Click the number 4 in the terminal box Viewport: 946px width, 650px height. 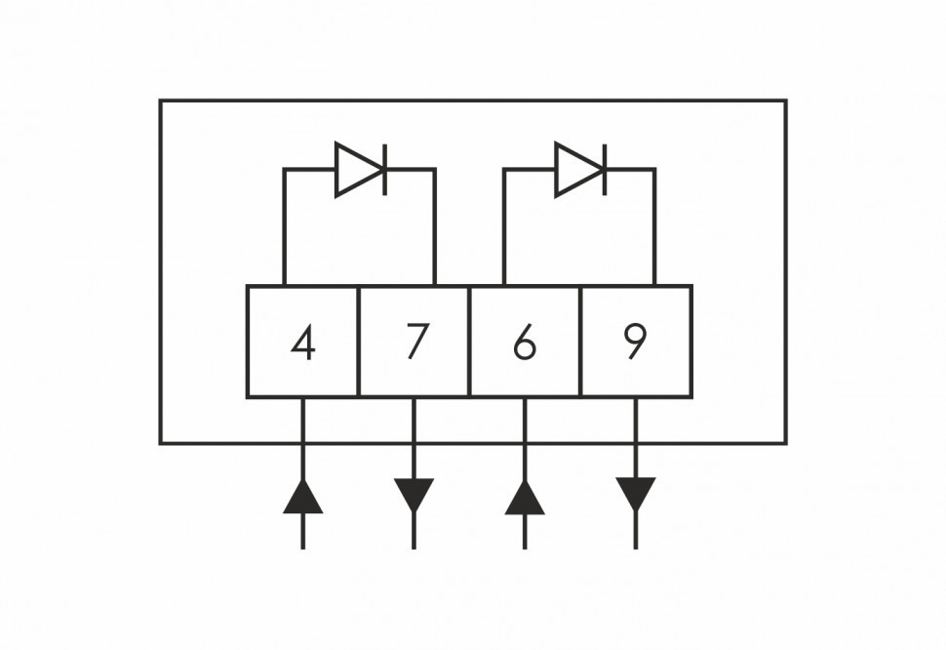[303, 343]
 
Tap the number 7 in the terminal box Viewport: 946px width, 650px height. [416, 342]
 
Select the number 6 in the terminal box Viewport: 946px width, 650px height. [525, 343]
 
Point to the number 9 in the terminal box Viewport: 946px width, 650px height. [635, 341]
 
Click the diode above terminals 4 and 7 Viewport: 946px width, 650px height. [360, 169]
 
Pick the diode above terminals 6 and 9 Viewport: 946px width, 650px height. [580, 169]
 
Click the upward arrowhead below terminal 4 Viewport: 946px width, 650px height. [303, 497]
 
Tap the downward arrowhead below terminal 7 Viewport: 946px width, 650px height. [414, 494]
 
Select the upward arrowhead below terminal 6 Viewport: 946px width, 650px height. [525, 497]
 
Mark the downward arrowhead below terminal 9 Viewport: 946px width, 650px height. [636, 494]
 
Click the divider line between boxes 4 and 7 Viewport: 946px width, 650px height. [359, 342]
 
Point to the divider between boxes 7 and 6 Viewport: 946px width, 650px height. [469, 342]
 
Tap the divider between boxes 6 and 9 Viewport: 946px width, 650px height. [580, 342]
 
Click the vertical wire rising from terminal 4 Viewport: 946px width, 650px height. [285, 229]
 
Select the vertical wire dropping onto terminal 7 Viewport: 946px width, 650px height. [434, 229]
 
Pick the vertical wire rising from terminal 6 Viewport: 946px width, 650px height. [505, 229]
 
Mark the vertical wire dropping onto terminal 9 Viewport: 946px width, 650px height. [654, 229]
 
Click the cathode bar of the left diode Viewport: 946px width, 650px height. [384, 169]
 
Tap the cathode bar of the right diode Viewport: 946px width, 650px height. [605, 169]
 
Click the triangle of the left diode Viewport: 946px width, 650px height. [354, 169]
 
